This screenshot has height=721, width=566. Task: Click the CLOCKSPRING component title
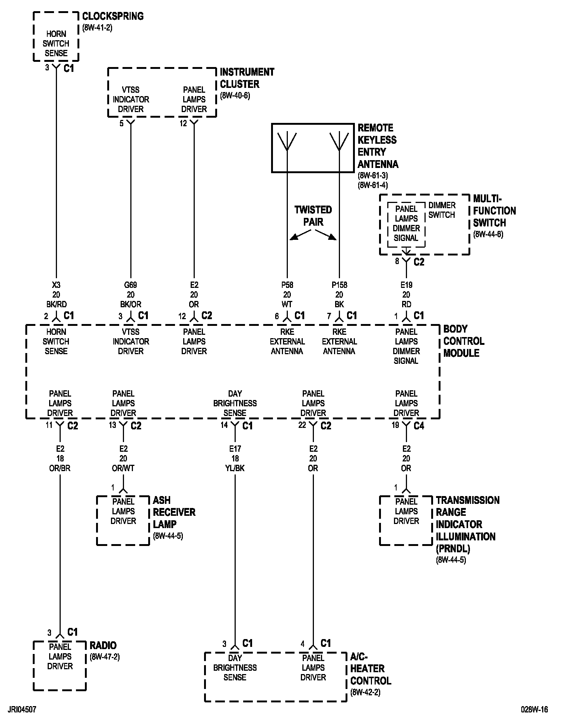[x=112, y=16]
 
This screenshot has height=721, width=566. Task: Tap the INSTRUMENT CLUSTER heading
[x=247, y=78]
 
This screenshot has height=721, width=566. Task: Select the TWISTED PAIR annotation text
[x=313, y=216]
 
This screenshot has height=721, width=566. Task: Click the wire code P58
[x=287, y=285]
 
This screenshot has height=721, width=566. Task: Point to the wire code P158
[x=339, y=285]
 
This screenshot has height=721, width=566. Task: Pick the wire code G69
[x=131, y=285]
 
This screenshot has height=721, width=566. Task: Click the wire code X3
[x=56, y=285]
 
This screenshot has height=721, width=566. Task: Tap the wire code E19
[x=406, y=285]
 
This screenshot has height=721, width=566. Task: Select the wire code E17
[x=235, y=449]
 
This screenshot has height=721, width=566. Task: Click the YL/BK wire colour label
[x=235, y=468]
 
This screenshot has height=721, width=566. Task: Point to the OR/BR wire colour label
[x=60, y=468]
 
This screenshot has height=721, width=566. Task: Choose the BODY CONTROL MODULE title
[x=464, y=341]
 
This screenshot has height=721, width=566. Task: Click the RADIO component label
[x=103, y=645]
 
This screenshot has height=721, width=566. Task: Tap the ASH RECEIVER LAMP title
[x=174, y=512]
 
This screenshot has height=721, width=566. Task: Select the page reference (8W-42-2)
[x=365, y=692]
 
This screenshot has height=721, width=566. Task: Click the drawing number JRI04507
[x=21, y=709]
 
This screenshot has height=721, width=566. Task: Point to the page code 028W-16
[x=534, y=709]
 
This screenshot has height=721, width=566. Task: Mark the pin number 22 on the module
[x=302, y=425]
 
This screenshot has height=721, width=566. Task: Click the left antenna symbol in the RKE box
[x=287, y=142]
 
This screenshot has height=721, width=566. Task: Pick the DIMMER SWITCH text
[x=442, y=210]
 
